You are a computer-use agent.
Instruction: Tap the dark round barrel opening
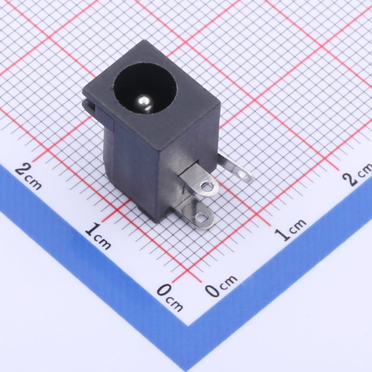click(x=144, y=90)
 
